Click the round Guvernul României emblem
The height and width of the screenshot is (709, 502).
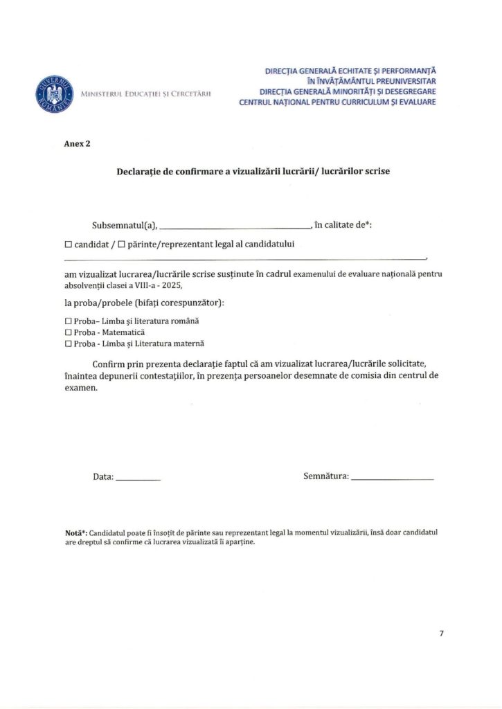tap(55, 94)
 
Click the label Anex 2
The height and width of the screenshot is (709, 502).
tap(77, 144)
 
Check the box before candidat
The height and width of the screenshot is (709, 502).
tap(68, 244)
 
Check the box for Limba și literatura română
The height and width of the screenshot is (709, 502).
tap(68, 321)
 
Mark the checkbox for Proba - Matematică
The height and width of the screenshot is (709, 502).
tap(68, 332)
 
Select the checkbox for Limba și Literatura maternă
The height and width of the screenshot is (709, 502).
tap(68, 343)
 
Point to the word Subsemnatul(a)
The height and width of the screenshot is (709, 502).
tap(125, 225)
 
